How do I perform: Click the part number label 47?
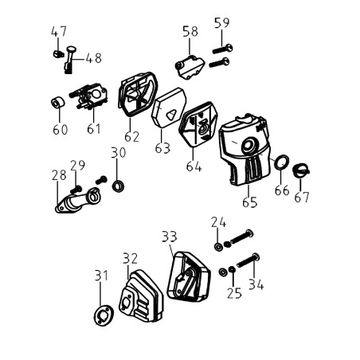pos(58,32)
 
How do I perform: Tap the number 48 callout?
pos(94,57)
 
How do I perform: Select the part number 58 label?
pos(190,32)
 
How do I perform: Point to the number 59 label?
pos(221,24)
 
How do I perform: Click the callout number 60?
pos(60,129)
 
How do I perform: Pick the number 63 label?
pos(162,147)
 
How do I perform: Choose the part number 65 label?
pos(250,202)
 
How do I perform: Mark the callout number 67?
pos(302,197)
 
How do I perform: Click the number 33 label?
pos(169,237)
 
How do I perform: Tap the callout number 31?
pos(100,276)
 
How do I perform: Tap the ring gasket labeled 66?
pos(281,165)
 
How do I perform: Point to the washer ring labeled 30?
pos(118,186)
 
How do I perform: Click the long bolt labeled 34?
pos(247,260)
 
